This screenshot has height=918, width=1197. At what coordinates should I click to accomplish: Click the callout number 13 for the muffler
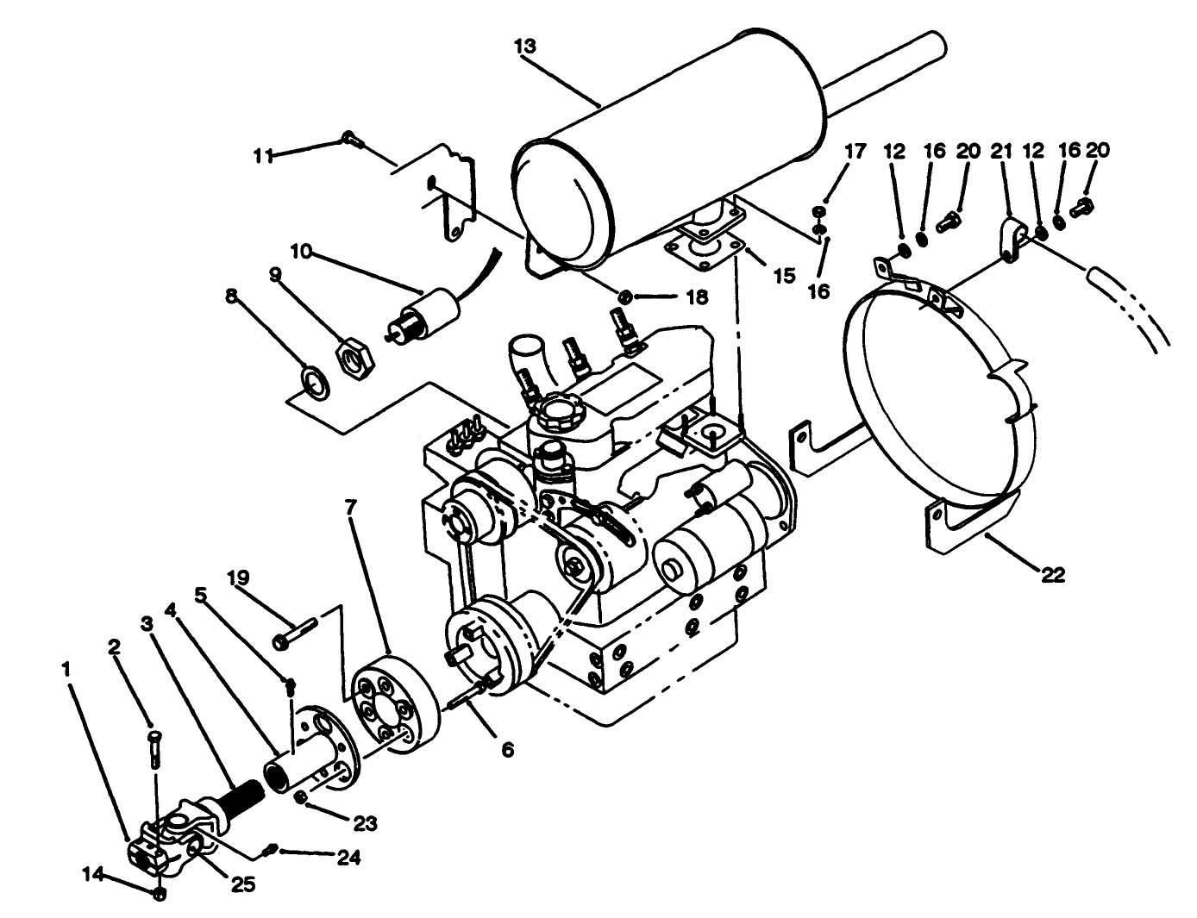point(524,47)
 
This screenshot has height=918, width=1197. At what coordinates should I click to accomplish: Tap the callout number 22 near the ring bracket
point(1053,575)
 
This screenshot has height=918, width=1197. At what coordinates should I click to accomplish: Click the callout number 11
point(262,155)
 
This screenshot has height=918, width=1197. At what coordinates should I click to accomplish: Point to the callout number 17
point(854,151)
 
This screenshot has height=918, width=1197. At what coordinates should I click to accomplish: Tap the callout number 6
point(507,750)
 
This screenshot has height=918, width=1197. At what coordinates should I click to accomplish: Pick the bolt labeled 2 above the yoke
point(154,746)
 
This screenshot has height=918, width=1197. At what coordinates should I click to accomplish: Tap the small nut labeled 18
point(627,297)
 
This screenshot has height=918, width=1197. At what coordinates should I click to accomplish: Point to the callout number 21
point(1000,151)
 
